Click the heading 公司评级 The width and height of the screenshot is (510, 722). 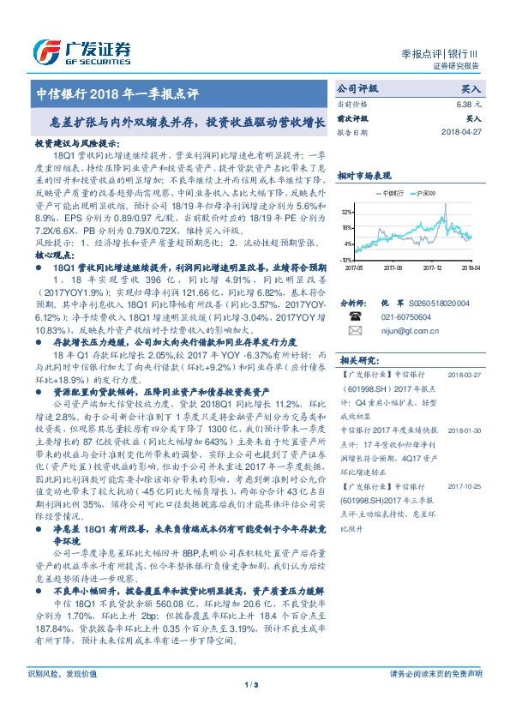coord(357,88)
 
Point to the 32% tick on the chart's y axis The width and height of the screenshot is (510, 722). coord(345,210)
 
